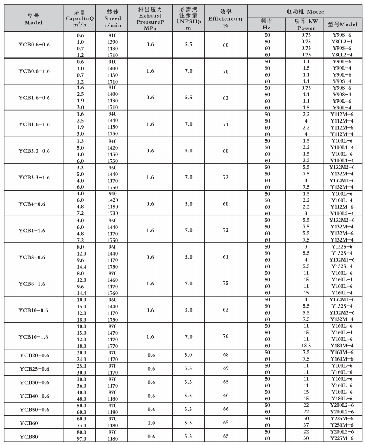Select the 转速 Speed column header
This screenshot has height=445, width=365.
[x=112, y=19]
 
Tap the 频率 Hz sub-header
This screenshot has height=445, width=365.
[x=267, y=24]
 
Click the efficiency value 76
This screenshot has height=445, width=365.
[x=225, y=336]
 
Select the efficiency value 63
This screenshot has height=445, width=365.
[x=225, y=98]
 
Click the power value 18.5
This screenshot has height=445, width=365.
[x=306, y=346]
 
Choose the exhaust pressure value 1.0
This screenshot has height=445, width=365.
[x=151, y=423]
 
